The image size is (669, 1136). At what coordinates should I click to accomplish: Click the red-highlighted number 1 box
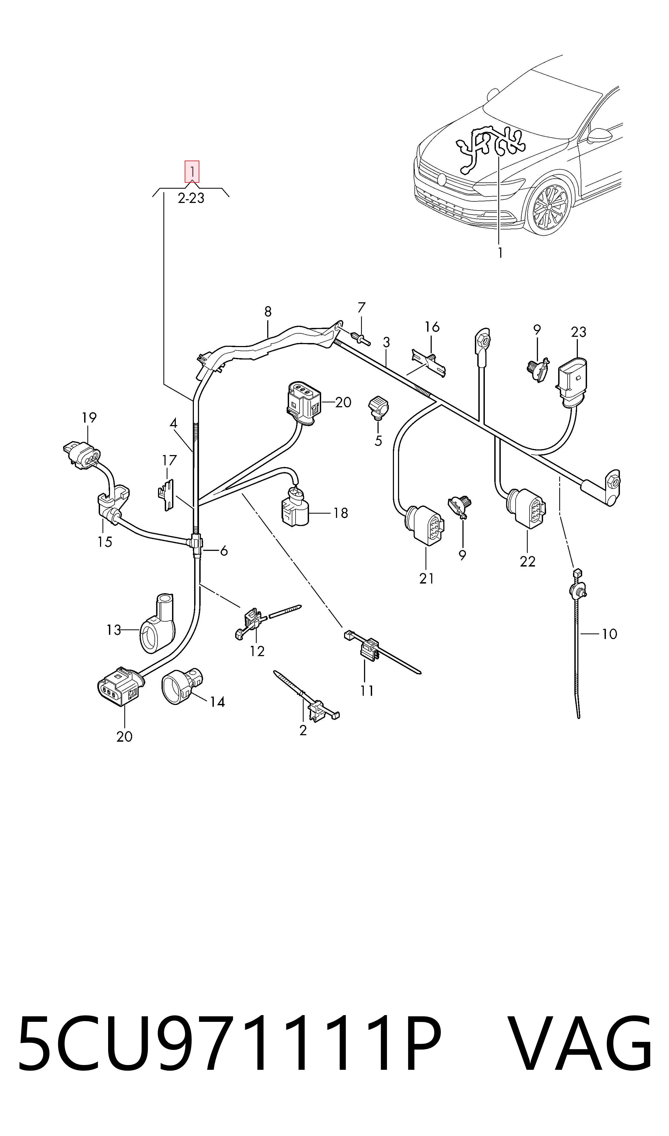coord(192,172)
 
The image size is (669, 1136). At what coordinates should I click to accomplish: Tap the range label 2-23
coord(191,198)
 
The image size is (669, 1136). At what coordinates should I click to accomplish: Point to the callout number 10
coord(609,634)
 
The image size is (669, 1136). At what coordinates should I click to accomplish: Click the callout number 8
coord(268,311)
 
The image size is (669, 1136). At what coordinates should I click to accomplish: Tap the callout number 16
coord(432,327)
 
